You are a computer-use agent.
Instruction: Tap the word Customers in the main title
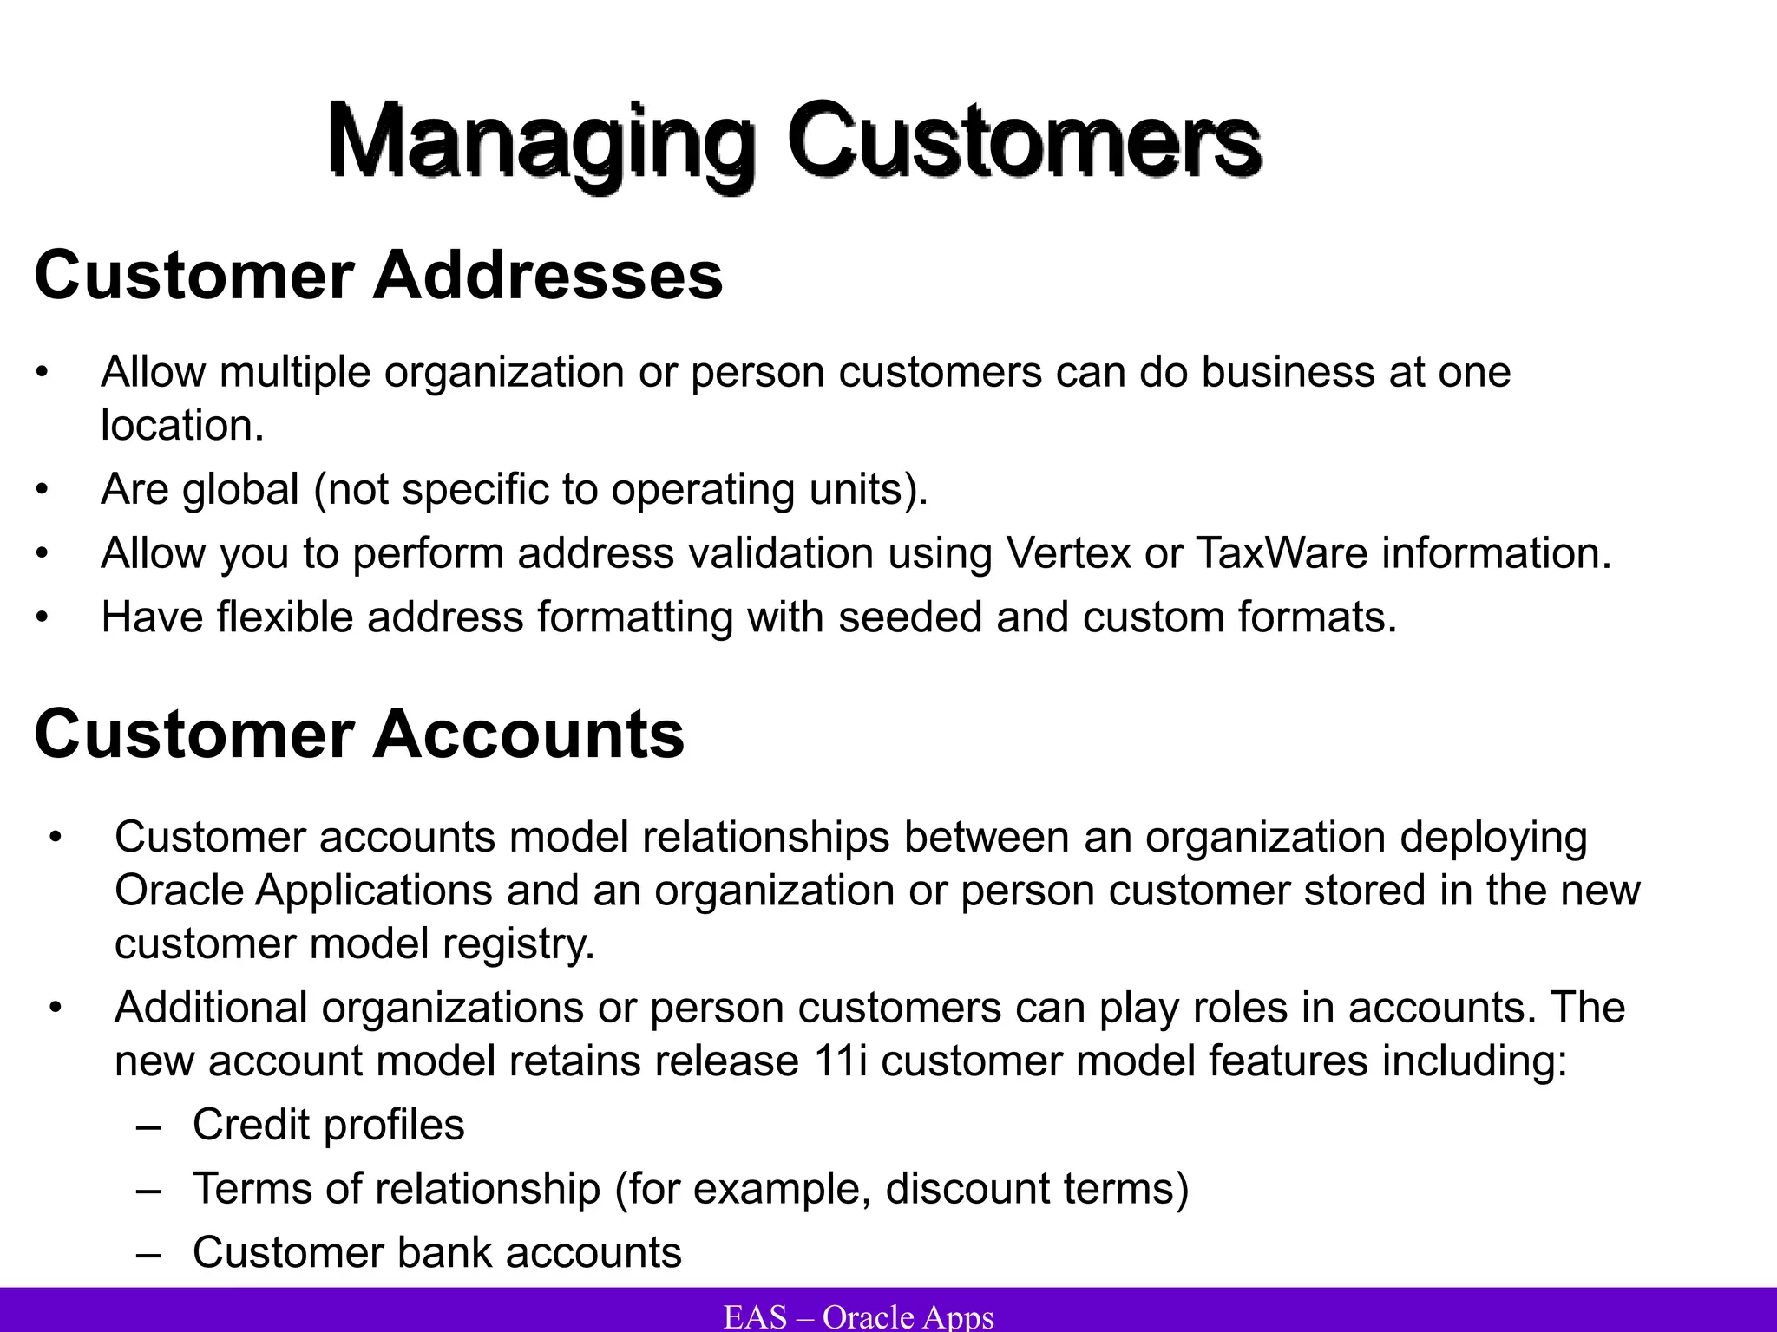[1024, 140]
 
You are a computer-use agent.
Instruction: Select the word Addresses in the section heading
[548, 276]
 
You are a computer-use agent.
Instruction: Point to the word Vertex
[1068, 553]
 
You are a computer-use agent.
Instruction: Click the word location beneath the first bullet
[180, 425]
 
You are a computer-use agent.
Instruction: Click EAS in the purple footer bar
[755, 1316]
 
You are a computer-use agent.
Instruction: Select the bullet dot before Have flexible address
[43, 618]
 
